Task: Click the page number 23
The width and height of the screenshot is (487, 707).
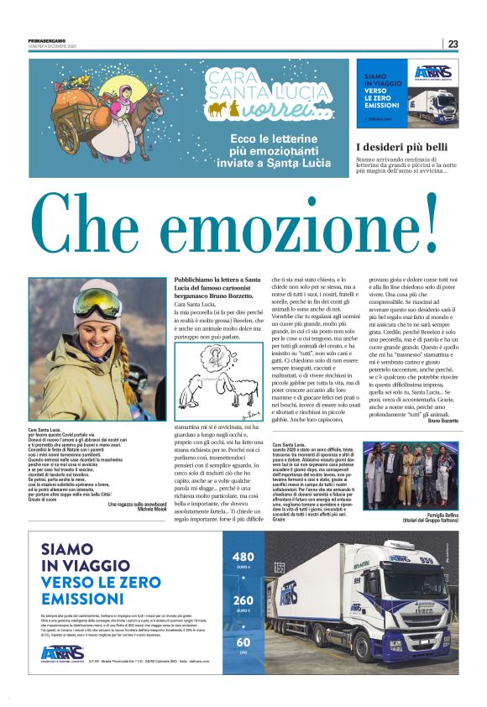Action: (453, 44)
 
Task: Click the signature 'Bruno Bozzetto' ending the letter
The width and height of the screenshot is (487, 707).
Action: (442, 420)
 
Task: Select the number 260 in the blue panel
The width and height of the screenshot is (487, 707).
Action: (243, 600)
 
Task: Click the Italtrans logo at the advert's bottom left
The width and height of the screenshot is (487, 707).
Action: (63, 652)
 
